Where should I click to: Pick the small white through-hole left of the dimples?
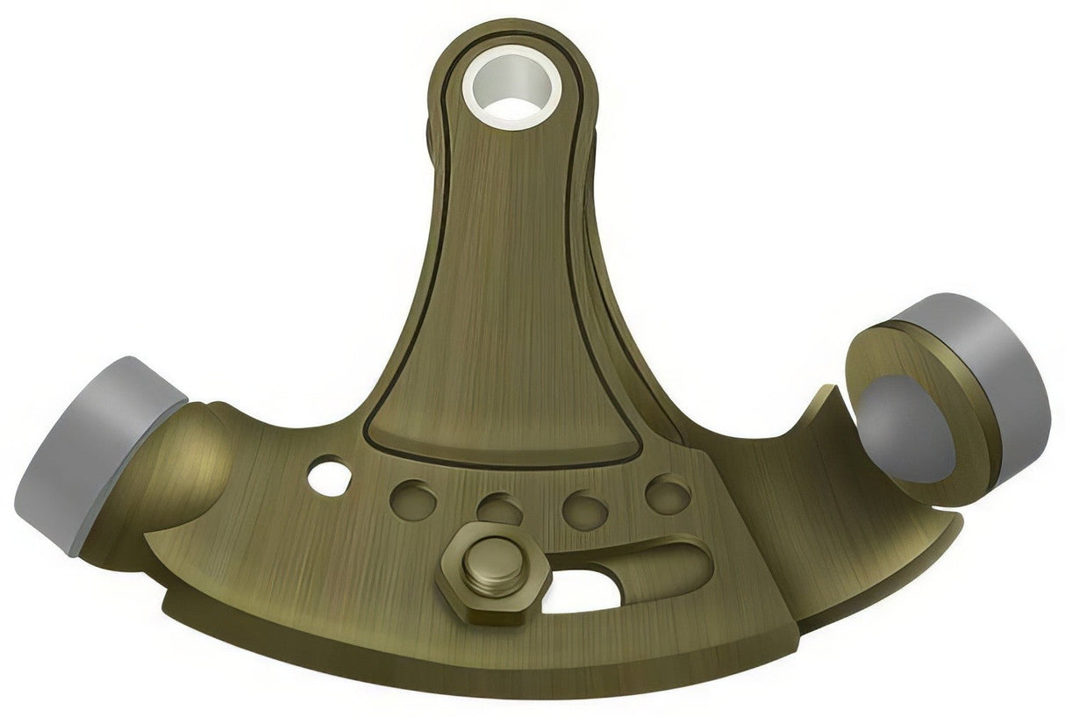coord(330,474)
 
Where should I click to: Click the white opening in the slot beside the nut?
coord(579,592)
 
